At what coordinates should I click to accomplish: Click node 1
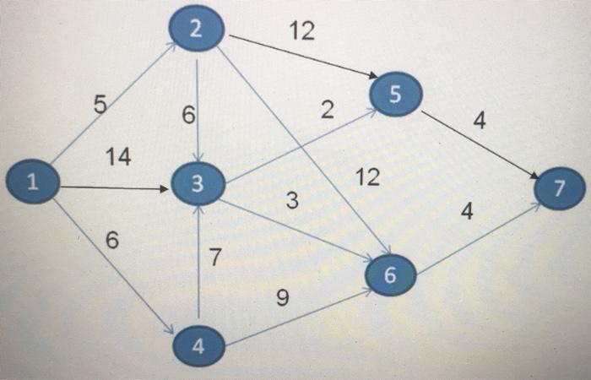32,182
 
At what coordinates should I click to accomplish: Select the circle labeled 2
196,30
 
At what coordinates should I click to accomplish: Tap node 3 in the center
197,184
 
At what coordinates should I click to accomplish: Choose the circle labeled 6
389,276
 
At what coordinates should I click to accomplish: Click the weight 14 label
118,157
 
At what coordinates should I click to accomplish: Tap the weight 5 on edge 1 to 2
100,106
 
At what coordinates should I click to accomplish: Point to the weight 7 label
215,258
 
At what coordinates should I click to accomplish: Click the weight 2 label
328,111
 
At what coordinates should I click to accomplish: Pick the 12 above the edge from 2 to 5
301,31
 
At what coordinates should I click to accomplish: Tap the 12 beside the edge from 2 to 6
367,177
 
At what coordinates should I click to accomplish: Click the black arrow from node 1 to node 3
114,187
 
